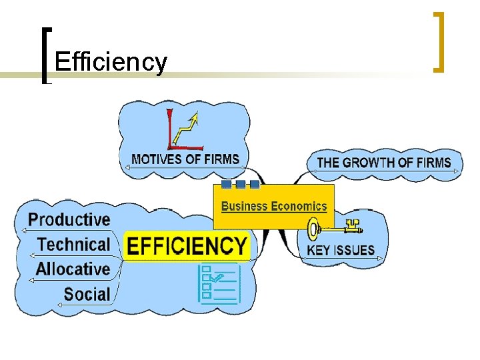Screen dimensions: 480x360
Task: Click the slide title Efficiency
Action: (111, 62)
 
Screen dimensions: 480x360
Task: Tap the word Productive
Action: (69, 219)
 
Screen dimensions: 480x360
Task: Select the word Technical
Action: (73, 244)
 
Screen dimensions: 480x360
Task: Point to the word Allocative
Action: (73, 269)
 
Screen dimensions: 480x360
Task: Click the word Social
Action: (87, 293)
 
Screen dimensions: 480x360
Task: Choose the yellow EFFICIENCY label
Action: (187, 245)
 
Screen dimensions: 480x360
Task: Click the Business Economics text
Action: (274, 206)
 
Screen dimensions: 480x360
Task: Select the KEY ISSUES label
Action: (341, 251)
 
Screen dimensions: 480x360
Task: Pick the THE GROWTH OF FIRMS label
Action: (384, 162)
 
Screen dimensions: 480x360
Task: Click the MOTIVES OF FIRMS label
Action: (185, 159)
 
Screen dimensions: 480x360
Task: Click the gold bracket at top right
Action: (438, 41)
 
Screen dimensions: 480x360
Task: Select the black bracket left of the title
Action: (45, 55)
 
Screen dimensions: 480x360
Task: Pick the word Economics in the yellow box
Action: (298, 206)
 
